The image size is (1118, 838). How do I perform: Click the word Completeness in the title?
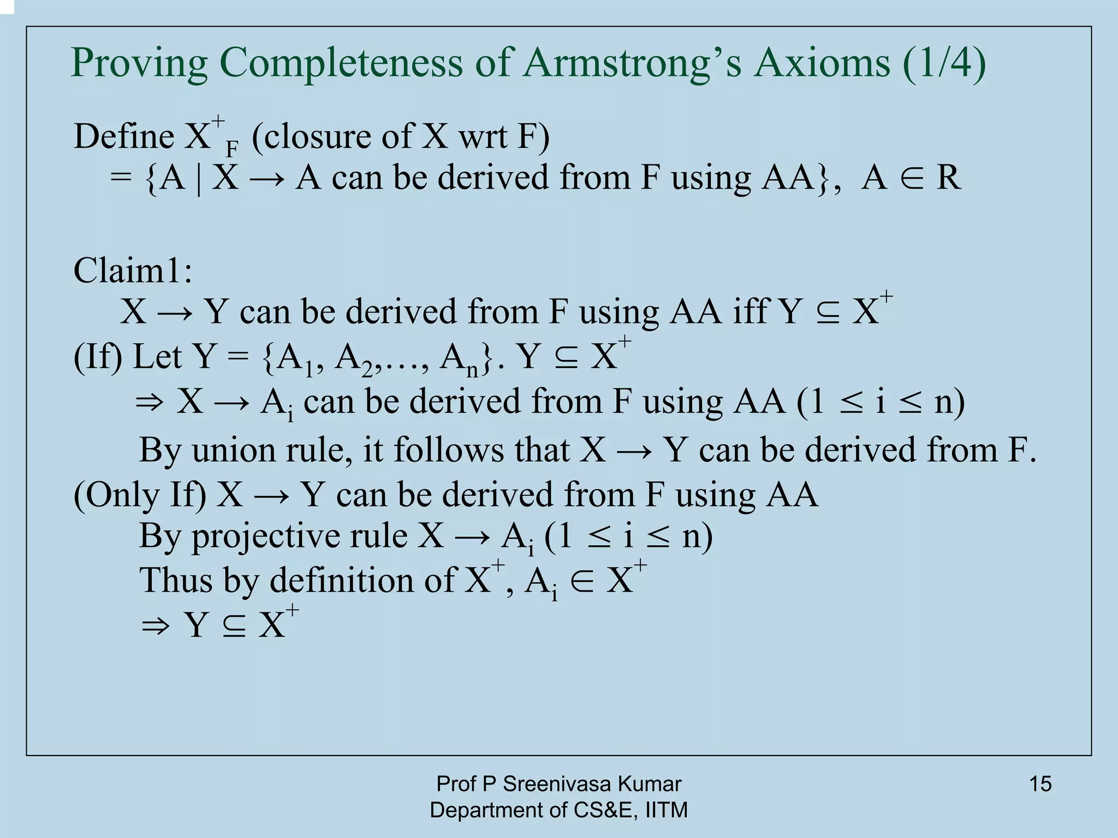[341, 64]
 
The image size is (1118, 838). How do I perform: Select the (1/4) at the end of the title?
[944, 64]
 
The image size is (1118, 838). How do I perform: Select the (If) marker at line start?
[98, 357]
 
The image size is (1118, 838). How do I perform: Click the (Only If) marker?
[140, 495]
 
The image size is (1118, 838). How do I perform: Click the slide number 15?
[1040, 784]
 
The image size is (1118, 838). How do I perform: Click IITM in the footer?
[666, 810]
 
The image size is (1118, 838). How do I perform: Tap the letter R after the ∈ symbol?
[948, 178]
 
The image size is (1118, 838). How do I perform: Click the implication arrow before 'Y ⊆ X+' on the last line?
[156, 625]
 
